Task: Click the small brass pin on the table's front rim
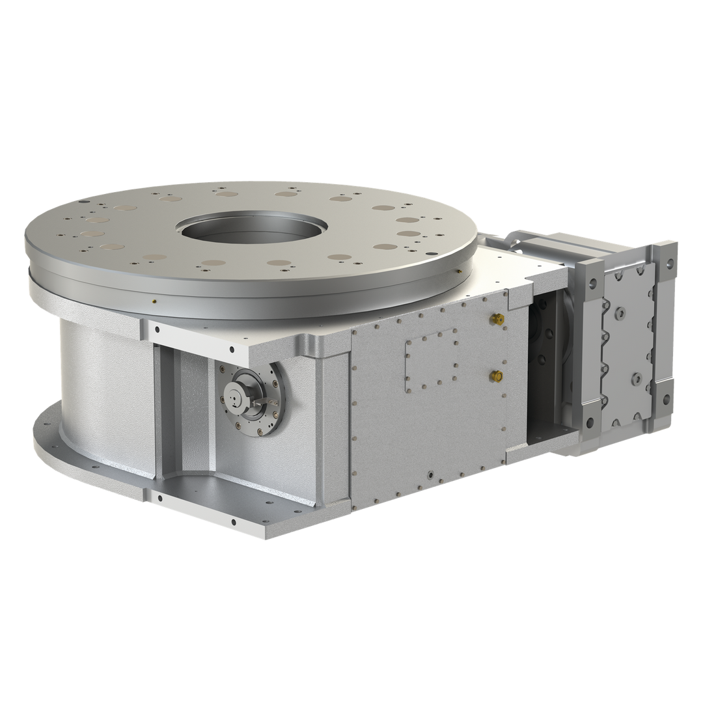click(152, 301)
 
